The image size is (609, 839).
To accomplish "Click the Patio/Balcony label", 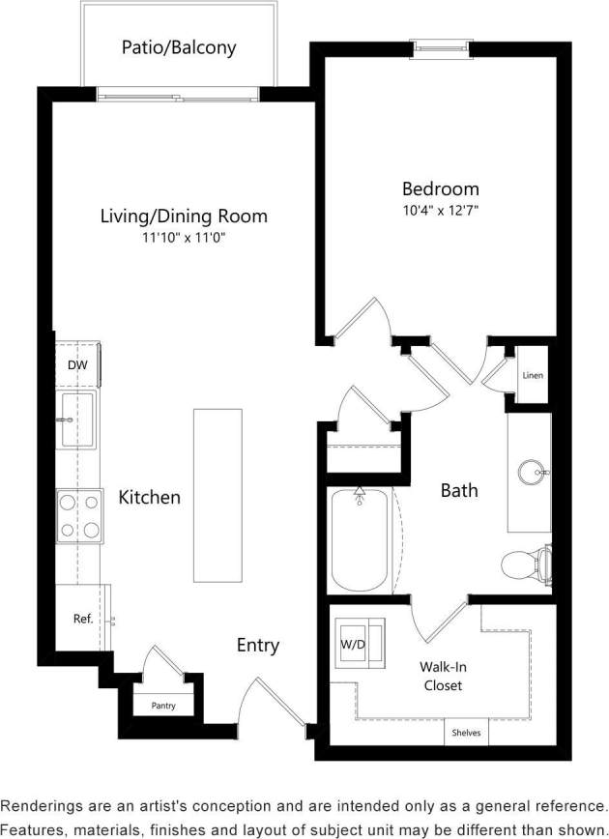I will click(x=179, y=46).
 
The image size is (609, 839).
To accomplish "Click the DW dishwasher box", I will click(x=77, y=365).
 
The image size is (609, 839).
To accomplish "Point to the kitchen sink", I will click(x=77, y=419).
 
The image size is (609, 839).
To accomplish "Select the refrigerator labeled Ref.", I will click(x=82, y=618).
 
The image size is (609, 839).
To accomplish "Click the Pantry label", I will click(x=163, y=706).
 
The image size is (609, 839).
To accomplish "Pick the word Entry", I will click(x=258, y=646).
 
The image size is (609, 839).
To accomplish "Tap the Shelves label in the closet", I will click(x=467, y=733).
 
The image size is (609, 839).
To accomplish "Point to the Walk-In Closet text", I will click(x=440, y=677).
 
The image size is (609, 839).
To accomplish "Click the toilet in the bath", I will click(x=527, y=564).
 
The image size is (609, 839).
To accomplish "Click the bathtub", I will click(x=360, y=541).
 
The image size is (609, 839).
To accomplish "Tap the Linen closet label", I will click(x=532, y=375).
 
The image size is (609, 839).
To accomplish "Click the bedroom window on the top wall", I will click(x=440, y=45).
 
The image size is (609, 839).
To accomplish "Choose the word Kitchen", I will click(x=149, y=498).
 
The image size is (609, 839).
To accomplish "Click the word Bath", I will click(x=459, y=491).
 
